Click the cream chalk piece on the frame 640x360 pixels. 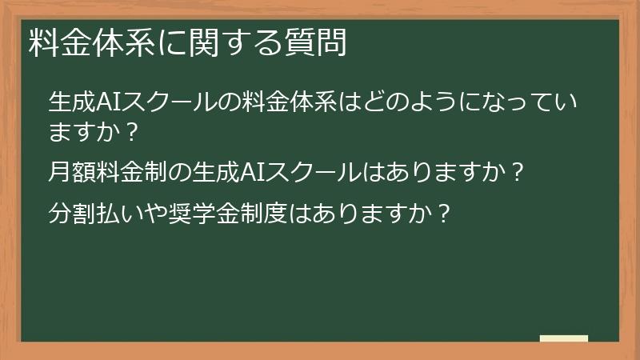[564, 338]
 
